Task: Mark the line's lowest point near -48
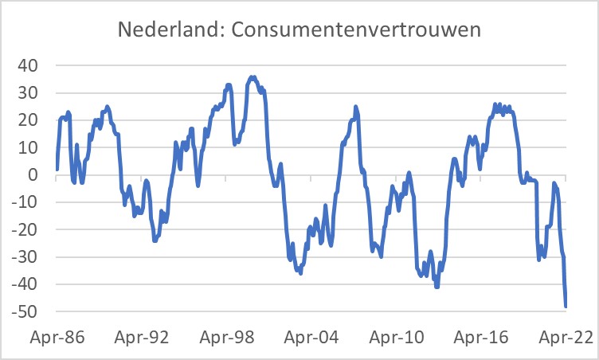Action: (x=566, y=306)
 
